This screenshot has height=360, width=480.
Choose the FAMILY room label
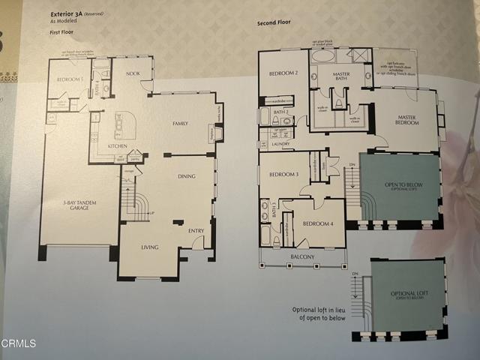coord(181,122)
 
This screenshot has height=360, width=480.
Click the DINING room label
coord(187,177)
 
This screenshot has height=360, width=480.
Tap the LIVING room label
coord(148,247)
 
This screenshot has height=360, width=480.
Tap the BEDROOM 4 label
coord(317,224)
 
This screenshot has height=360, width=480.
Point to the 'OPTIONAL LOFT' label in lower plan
coord(408,295)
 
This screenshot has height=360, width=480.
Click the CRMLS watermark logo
coord(19,343)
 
